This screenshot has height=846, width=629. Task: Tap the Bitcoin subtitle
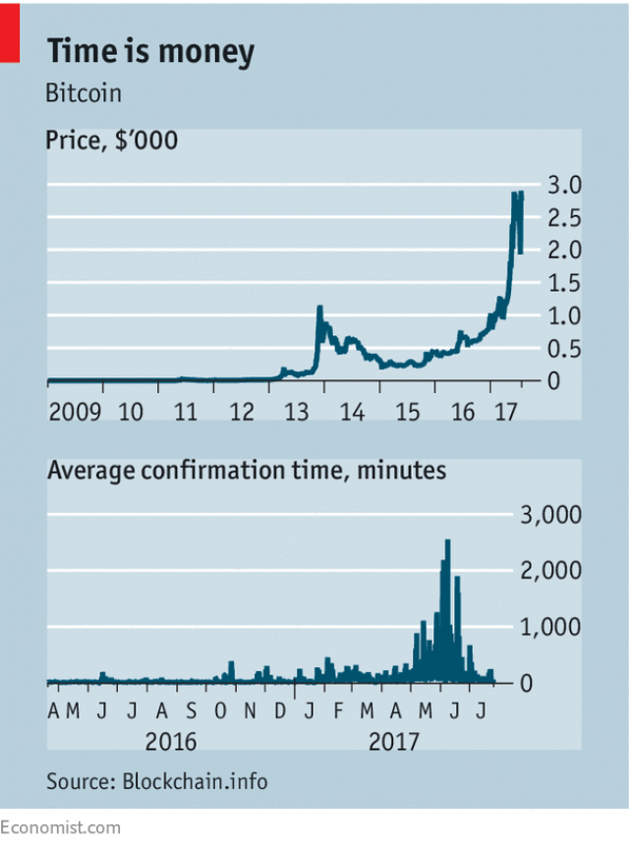[84, 95]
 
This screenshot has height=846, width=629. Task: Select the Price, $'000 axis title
[112, 141]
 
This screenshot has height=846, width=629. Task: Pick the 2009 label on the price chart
[75, 410]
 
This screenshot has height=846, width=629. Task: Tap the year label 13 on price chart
[293, 410]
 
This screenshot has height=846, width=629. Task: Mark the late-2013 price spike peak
[319, 308]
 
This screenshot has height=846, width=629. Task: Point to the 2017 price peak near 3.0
[516, 194]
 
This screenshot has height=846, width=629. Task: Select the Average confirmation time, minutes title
[246, 471]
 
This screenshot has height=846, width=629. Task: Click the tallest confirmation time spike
[448, 541]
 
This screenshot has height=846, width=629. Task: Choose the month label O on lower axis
[221, 710]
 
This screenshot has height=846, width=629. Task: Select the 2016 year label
[170, 741]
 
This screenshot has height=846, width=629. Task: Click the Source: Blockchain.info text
[156, 782]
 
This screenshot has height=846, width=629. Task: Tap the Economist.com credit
[61, 828]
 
